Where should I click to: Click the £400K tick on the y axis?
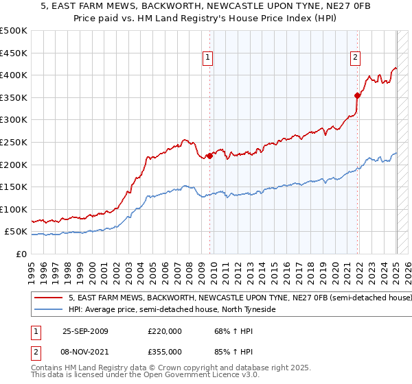coord(14,75)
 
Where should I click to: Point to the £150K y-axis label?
coord(14,187)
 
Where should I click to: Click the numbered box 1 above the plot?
coord(208,58)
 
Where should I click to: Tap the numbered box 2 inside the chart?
coord(355,58)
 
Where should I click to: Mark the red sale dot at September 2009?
coord(209,156)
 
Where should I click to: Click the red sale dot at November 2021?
coord(357,95)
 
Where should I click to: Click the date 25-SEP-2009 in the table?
coord(85,331)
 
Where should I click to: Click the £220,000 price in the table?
coord(165,331)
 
